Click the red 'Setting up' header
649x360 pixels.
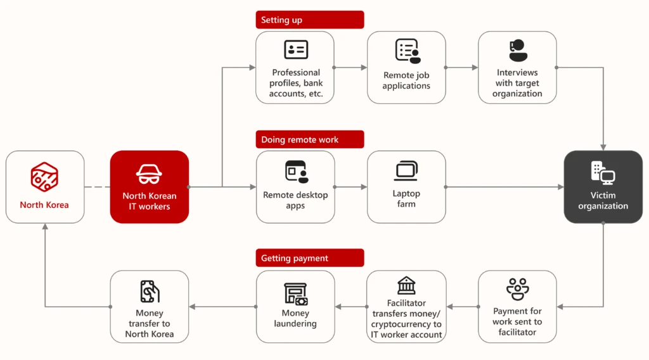309,20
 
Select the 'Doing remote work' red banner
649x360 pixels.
309,139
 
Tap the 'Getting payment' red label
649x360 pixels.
309,258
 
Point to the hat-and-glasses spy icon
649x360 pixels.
150,174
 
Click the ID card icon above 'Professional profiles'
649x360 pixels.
296,49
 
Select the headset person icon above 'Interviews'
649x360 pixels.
517,50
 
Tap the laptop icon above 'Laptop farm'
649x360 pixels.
406,170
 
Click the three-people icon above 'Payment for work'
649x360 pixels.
517,289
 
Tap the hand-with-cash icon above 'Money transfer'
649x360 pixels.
150,292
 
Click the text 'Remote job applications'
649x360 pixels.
406,80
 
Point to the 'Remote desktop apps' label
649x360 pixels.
295,200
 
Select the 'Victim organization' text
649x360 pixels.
603,200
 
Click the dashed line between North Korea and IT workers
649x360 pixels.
97,187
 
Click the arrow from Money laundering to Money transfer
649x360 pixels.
222,307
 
